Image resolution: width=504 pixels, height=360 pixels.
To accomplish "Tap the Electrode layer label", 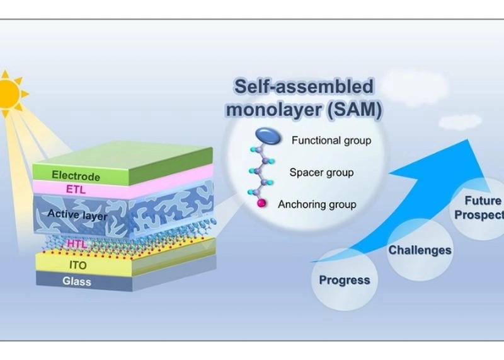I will tap(76, 176).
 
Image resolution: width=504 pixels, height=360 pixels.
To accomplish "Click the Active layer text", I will tap(77, 215).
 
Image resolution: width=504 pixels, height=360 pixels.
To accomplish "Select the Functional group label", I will tap(331, 141).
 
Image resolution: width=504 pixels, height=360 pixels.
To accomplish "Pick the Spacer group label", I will tap(321, 172).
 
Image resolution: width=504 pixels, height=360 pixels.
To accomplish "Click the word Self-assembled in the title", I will tap(304, 87).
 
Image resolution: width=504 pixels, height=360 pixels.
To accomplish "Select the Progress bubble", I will tap(344, 280).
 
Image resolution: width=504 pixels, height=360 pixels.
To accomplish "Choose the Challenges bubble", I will tap(420, 250).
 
